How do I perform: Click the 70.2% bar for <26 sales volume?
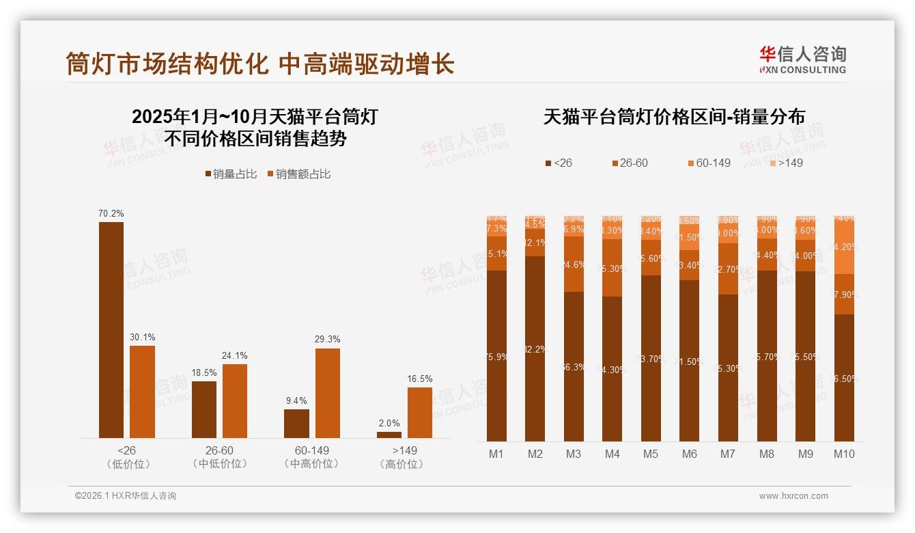coord(111,329)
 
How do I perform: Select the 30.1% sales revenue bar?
coord(142,392)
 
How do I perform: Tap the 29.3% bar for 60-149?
coord(327,393)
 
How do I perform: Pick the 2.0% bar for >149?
coord(389,435)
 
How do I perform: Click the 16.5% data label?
coord(419,379)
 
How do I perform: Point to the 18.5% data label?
coord(203,372)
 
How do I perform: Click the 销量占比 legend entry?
coord(231,174)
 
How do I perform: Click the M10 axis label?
coord(844,454)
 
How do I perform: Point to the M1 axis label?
coord(496,454)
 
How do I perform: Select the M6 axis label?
coord(690,454)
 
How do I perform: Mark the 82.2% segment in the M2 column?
coord(535,348)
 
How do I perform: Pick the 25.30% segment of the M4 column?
coord(613,267)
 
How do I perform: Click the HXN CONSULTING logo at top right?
coord(802,59)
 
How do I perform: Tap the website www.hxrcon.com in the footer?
coord(793,496)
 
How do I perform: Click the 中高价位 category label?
coord(311,464)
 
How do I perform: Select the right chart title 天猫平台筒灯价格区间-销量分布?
coord(673,117)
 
